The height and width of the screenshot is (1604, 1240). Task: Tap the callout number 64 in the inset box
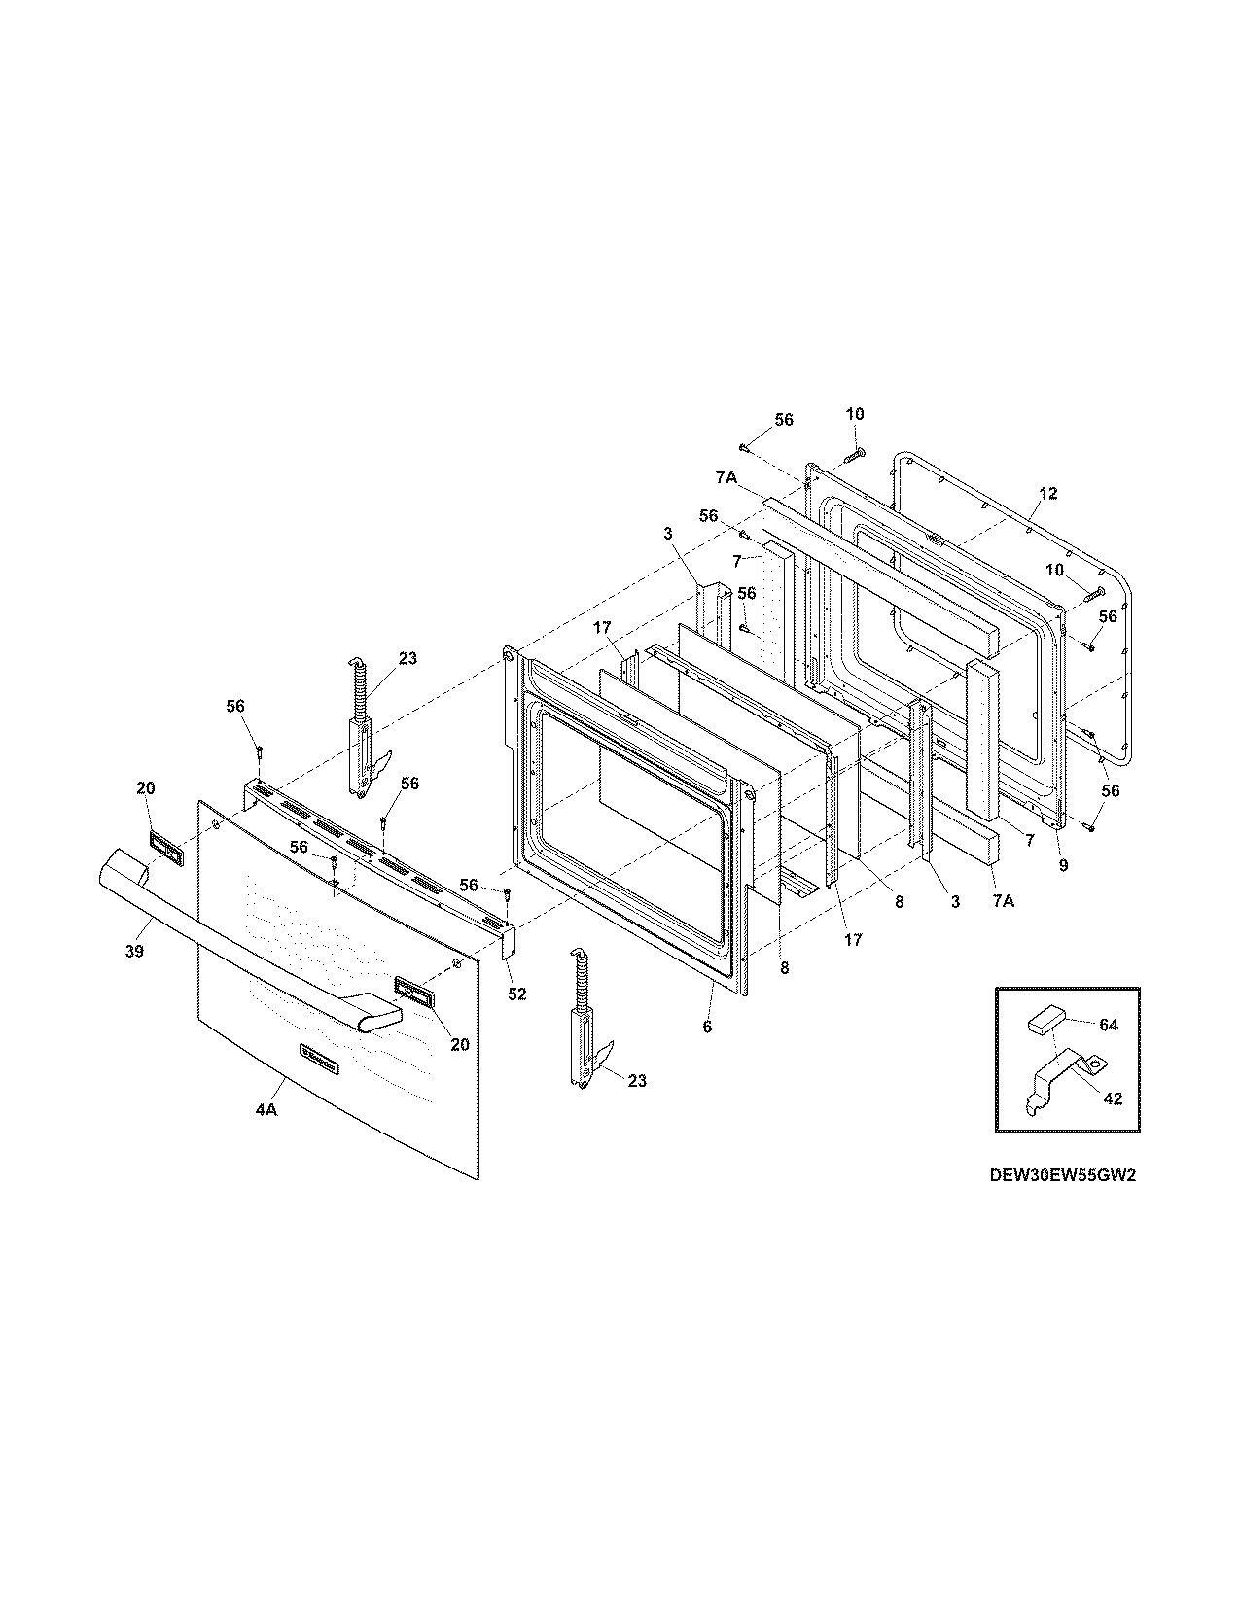click(x=1109, y=1024)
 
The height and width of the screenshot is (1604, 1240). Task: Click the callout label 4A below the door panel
click(x=266, y=1110)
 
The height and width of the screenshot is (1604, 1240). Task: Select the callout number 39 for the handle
click(x=134, y=952)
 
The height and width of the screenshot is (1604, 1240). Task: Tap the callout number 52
click(x=516, y=994)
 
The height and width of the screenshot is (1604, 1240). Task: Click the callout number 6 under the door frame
click(x=707, y=1027)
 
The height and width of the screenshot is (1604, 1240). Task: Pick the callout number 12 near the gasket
click(x=1046, y=494)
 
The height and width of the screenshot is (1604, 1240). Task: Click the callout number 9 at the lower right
click(x=1063, y=865)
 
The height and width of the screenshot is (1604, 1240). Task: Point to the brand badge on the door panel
click(x=319, y=1059)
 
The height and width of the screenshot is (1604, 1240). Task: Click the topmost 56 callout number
click(x=783, y=420)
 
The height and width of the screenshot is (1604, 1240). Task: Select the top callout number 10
click(x=853, y=414)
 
